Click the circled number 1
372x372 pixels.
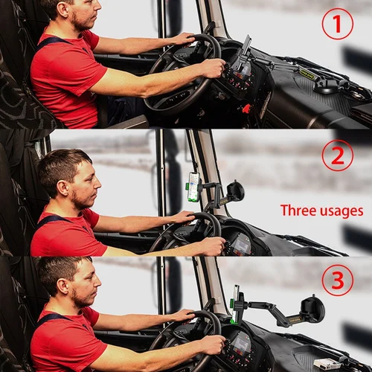point(337,24)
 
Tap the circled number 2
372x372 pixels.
point(337,155)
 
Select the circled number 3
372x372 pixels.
point(337,280)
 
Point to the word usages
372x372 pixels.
point(341,211)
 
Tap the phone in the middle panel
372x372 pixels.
point(193,187)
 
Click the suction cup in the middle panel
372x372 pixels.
point(235,191)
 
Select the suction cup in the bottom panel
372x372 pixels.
point(312,309)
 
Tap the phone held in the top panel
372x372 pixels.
point(246,48)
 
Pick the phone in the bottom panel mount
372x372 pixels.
point(236,301)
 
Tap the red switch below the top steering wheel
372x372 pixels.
point(246,109)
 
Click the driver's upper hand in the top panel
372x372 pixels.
point(183,38)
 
